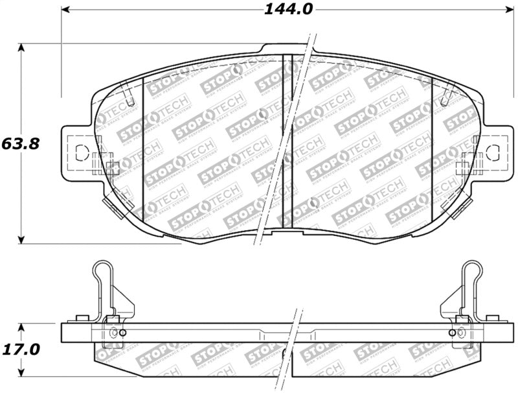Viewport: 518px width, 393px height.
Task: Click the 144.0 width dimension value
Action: pyautogui.click(x=288, y=9)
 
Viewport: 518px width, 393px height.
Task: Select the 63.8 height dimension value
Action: pyautogui.click(x=21, y=143)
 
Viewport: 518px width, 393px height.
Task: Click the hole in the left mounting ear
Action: pyautogui.click(x=82, y=153)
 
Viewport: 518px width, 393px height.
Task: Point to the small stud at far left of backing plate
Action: pyautogui.click(x=82, y=318)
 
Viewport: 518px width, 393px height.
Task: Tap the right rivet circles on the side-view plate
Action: pyautogui.click(x=456, y=333)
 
